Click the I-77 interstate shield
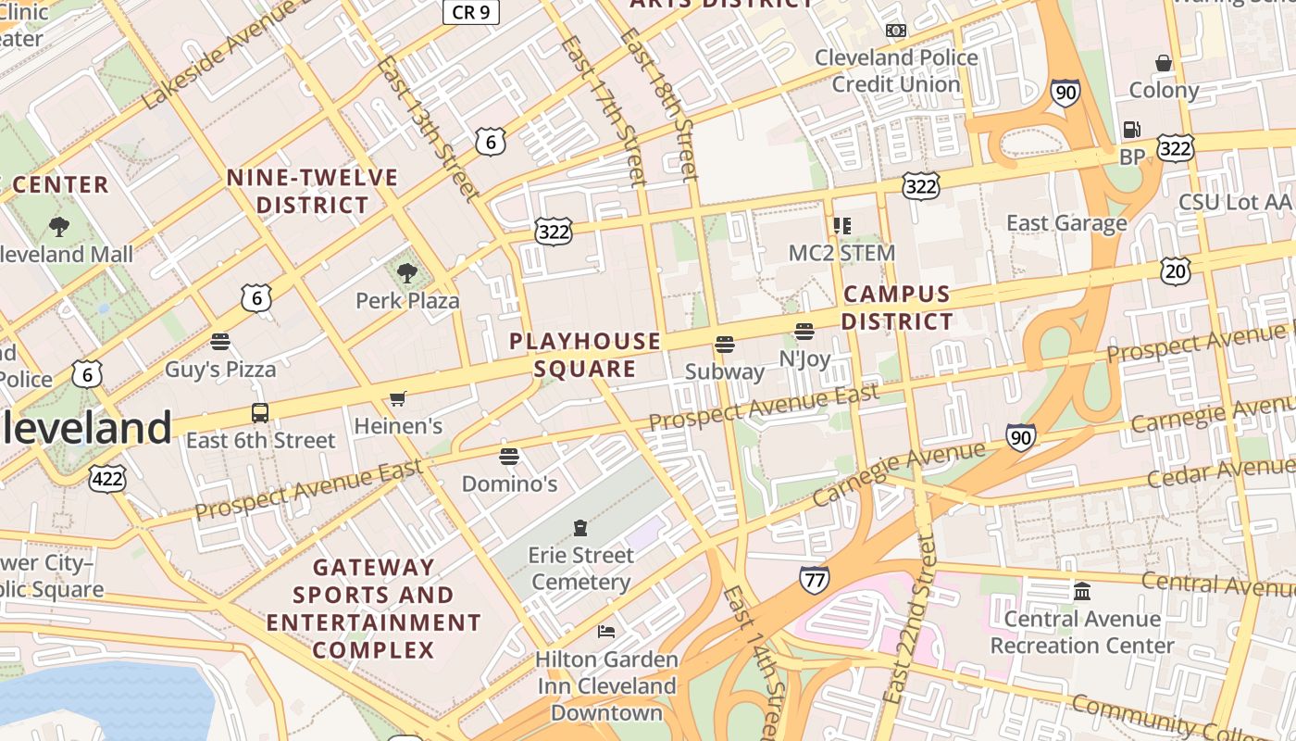tap(814, 580)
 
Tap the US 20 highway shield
tap(1175, 271)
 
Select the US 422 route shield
tap(107, 478)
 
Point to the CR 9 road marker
tap(471, 11)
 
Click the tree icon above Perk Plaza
tap(406, 272)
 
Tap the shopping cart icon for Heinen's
tap(398, 398)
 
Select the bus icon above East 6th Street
tap(260, 413)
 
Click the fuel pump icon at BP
tap(1131, 130)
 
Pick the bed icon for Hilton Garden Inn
tap(606, 632)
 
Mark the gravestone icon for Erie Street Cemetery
tap(580, 528)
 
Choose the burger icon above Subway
tap(725, 345)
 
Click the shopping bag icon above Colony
tap(1164, 63)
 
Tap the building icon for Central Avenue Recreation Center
tap(1081, 591)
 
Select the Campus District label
tap(897, 308)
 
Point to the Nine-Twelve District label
tap(312, 191)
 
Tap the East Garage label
tap(1066, 223)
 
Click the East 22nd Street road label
tap(911, 630)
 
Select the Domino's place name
tap(509, 484)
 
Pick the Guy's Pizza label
tap(220, 370)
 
